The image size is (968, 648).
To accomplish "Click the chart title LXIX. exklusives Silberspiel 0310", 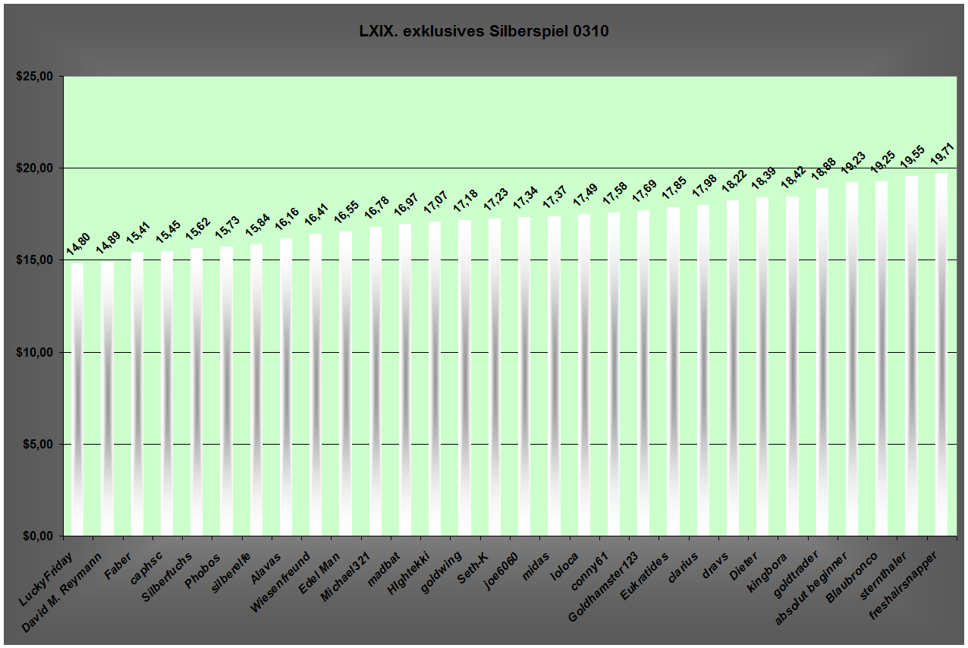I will (x=483, y=32).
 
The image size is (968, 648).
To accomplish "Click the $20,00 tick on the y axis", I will (x=35, y=168).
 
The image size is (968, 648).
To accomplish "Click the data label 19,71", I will (x=942, y=154).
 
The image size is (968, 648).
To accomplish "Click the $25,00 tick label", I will (x=35, y=76).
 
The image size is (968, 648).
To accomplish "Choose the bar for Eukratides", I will (x=674, y=372).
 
